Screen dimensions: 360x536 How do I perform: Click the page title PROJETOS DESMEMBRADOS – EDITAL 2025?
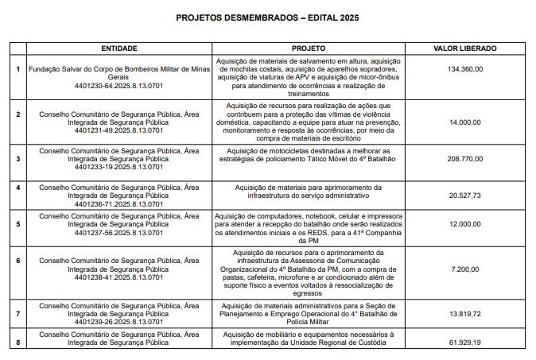[267, 17]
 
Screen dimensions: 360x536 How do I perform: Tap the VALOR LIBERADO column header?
[465, 48]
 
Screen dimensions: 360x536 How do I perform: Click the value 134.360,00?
[465, 69]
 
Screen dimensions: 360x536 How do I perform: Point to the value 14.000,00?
[465, 122]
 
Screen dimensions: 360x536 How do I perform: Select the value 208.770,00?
[465, 159]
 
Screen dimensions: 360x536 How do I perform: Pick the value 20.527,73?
[465, 195]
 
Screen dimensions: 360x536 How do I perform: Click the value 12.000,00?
[465, 225]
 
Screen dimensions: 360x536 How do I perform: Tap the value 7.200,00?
[465, 269]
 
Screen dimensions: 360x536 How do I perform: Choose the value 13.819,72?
[465, 315]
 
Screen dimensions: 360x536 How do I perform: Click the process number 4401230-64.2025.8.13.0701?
[119, 85]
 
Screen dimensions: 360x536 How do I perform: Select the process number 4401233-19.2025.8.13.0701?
[119, 167]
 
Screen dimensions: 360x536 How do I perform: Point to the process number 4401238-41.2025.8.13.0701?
[119, 278]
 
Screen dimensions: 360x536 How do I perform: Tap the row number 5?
[17, 225]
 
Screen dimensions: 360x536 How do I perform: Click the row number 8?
[17, 343]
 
